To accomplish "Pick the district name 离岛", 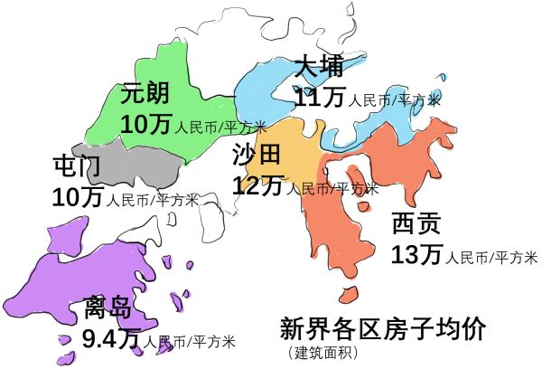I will tap(108, 309).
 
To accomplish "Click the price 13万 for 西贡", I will tap(416, 255).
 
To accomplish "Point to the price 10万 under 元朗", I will tap(145, 125).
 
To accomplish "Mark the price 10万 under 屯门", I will tap(78, 196).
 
